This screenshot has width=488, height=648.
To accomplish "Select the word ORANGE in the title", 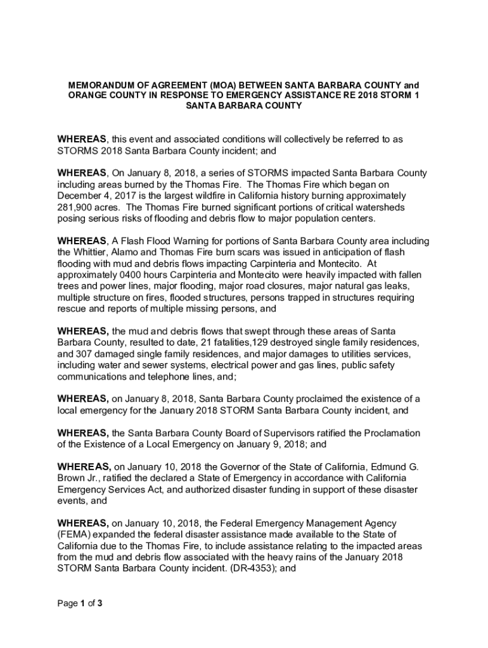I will pos(87,96).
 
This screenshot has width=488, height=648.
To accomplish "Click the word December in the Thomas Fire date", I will pos(81,196).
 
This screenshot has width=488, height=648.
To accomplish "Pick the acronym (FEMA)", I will pos(75,535).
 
